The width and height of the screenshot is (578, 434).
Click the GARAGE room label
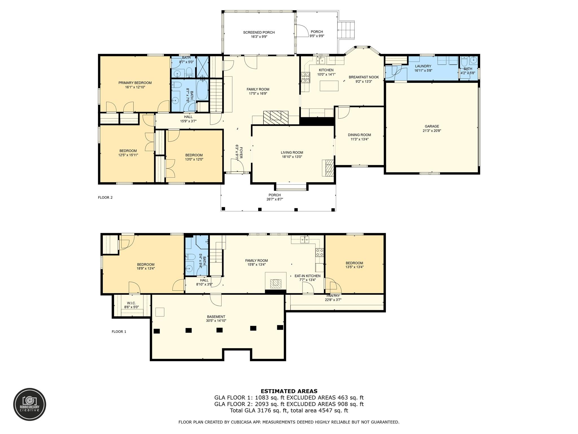(x=432, y=126)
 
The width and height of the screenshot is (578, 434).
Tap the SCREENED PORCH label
(x=259, y=32)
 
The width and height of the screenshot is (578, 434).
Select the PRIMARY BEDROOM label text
(x=135, y=83)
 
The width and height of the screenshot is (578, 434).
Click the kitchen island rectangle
(x=329, y=86)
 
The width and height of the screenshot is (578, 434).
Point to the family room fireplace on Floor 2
(x=276, y=117)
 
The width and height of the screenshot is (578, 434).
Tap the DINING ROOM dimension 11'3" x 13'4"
(x=360, y=139)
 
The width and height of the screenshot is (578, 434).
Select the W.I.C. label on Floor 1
(x=132, y=303)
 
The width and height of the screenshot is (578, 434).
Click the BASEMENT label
(x=216, y=317)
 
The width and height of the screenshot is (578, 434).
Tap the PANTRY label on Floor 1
(x=333, y=296)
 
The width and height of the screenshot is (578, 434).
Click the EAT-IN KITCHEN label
(x=307, y=276)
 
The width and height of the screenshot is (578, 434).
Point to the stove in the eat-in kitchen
(x=319, y=252)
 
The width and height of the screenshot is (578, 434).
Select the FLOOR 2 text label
(x=105, y=198)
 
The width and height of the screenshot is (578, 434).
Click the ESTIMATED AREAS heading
(x=289, y=391)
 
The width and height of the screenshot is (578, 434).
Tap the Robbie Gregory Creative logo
(x=30, y=404)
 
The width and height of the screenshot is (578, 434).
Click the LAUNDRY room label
(x=423, y=66)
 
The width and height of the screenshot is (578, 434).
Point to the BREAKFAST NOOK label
(x=364, y=77)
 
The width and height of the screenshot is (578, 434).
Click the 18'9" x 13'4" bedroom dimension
(x=146, y=269)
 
